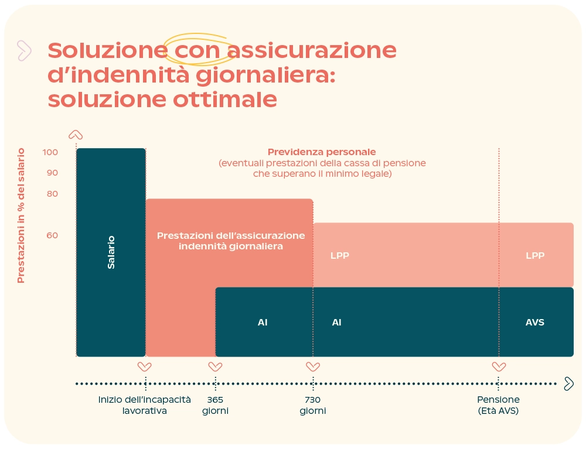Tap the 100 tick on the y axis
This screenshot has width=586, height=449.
click(50, 153)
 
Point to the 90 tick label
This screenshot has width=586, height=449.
click(52, 173)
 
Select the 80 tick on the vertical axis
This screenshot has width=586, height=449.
click(52, 194)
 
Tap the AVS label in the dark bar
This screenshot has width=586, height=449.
click(534, 323)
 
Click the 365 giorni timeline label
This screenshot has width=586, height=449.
click(215, 405)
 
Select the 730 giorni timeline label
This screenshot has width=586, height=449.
click(312, 405)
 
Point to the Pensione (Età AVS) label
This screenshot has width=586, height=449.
click(498, 405)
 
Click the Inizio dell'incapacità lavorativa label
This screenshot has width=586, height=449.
click(145, 405)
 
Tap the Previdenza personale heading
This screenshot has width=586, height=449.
click(322, 152)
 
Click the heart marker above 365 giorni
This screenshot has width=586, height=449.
click(215, 367)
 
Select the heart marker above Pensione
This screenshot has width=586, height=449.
click(499, 367)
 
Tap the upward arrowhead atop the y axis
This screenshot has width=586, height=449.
click(76, 135)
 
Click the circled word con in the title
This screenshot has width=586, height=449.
click(197, 51)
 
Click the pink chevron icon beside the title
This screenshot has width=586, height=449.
click(24, 51)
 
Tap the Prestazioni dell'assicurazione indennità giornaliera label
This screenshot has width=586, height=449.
click(231, 241)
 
